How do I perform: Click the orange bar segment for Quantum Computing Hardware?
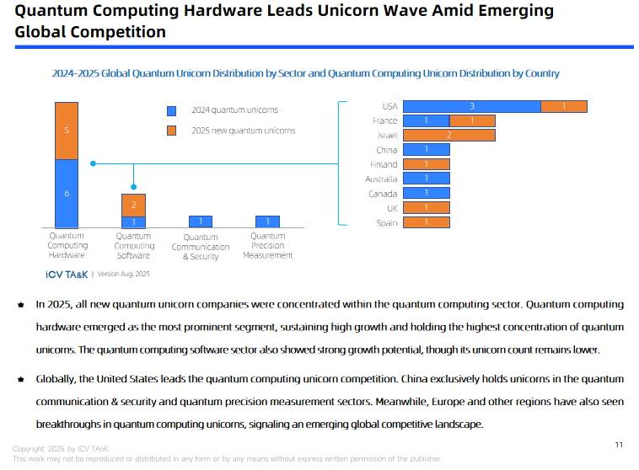[67, 131]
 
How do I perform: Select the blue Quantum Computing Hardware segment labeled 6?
[67, 193]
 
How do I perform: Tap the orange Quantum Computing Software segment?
[133, 205]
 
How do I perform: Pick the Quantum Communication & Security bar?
[200, 222]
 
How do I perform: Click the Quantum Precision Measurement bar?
[267, 222]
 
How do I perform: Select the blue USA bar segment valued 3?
[471, 106]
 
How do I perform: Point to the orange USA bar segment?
[563, 106]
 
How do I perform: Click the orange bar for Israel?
[448, 135]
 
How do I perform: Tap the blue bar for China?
[426, 150]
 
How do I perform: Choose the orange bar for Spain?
[426, 222]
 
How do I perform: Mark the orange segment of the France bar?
[471, 120]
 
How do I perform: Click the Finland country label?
[384, 164]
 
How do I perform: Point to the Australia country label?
[381, 179]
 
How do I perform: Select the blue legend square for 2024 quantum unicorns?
[171, 110]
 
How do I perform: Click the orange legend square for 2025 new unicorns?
[171, 131]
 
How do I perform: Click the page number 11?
[618, 444]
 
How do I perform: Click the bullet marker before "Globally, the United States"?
[20, 381]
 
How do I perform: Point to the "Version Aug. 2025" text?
[125, 274]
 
